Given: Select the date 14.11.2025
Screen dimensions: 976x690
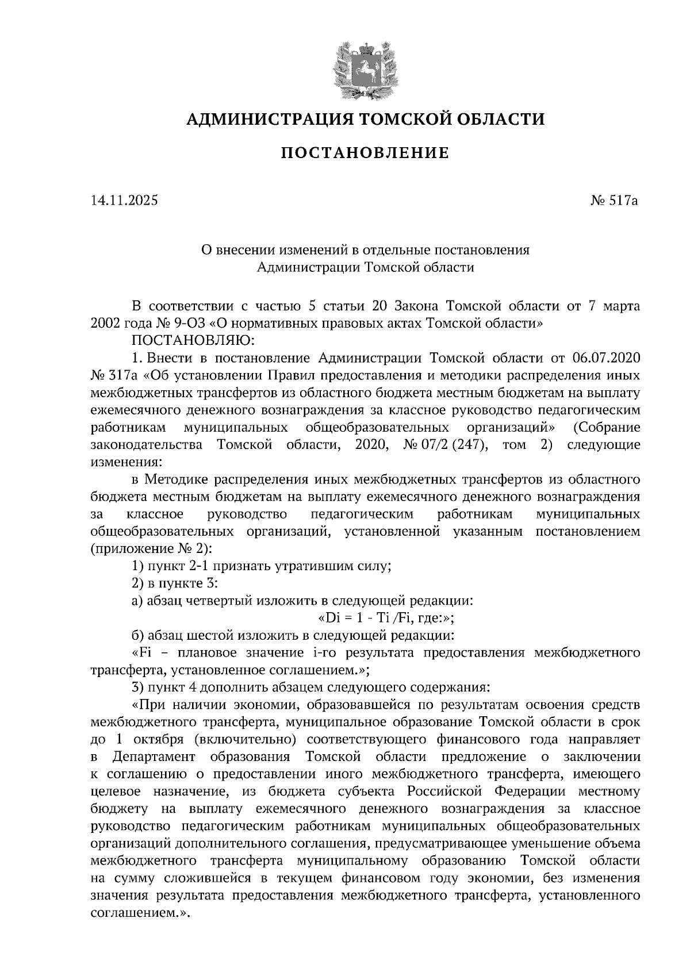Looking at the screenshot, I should pos(124,201).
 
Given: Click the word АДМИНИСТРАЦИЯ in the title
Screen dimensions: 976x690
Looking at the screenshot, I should pos(267,119).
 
